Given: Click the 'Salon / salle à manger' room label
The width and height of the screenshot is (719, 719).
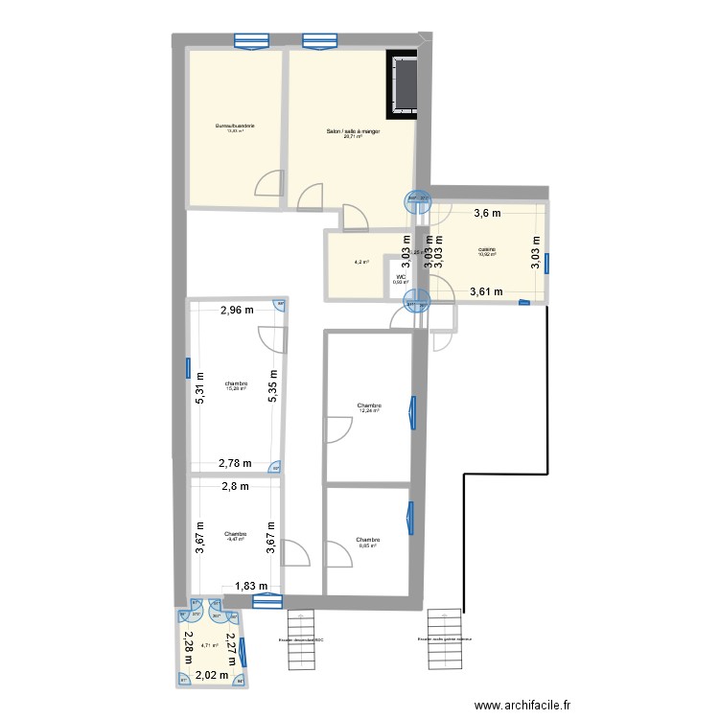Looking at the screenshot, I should (x=353, y=131).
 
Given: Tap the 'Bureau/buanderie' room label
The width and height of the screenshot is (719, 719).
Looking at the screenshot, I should (x=235, y=126).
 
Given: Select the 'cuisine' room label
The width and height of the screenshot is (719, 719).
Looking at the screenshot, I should (x=488, y=250).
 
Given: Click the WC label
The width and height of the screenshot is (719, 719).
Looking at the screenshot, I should (x=401, y=276).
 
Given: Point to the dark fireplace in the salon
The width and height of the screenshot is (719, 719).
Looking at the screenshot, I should (x=403, y=84).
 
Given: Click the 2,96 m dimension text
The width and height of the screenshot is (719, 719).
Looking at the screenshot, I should (x=237, y=310).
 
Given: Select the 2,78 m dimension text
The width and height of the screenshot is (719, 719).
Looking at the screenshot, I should (x=235, y=463).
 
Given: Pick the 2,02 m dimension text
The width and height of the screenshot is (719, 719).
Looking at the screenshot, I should (x=212, y=675).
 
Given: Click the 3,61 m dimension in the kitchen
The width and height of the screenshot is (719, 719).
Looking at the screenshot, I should (x=486, y=292).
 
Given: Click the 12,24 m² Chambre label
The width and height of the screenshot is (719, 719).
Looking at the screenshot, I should (x=368, y=406).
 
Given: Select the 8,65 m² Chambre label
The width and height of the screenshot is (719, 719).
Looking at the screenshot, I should (x=368, y=541).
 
